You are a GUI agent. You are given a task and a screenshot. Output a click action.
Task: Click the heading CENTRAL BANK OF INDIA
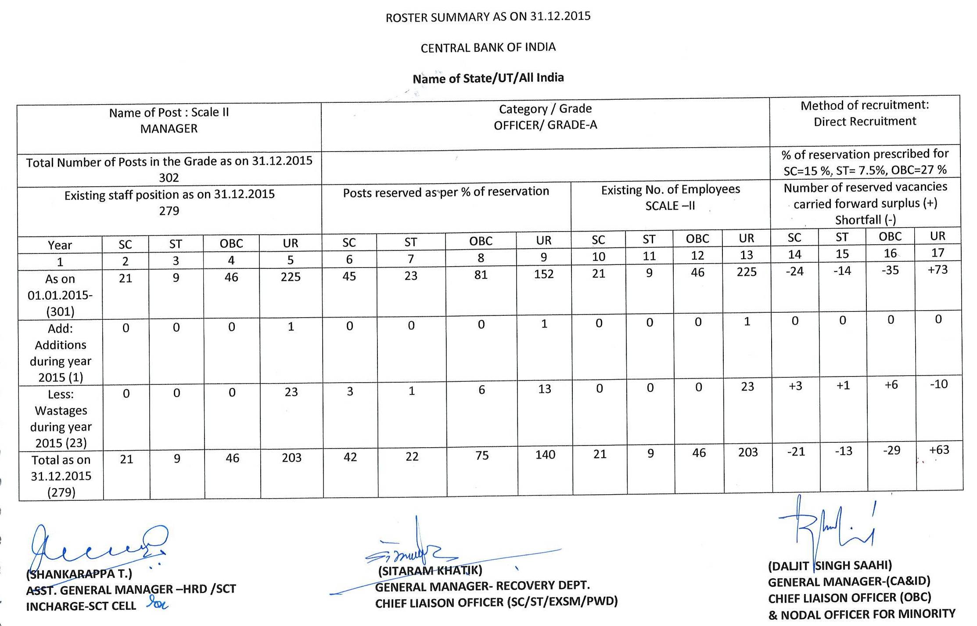coord(488,47)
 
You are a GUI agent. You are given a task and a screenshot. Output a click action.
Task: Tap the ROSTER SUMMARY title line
coord(488,17)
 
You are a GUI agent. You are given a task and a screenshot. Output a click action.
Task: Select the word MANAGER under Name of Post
coord(169,129)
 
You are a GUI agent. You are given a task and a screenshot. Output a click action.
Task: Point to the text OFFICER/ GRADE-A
coord(545,125)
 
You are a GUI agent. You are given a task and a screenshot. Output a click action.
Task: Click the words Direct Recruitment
coord(865,122)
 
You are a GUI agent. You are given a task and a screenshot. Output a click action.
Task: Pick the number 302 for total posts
coord(169,177)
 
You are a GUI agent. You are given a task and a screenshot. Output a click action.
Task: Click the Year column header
coord(60,245)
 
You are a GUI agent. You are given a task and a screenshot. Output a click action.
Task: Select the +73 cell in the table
coord(937,269)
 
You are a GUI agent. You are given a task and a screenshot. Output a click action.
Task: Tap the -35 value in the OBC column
coord(890,270)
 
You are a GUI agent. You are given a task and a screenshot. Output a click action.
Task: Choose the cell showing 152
coord(544,274)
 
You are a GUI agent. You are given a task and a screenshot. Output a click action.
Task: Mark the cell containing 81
coord(481,275)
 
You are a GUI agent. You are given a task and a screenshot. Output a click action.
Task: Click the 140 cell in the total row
coord(545,454)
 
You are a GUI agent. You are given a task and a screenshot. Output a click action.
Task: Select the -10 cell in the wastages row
coord(939,384)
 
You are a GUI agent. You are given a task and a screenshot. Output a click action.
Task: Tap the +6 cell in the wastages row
coord(891,385)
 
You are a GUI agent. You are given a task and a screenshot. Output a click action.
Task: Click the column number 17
coord(937,253)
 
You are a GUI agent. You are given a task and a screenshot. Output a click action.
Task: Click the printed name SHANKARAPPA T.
coord(79,574)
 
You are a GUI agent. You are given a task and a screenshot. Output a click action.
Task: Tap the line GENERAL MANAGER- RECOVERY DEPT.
coord(482,586)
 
